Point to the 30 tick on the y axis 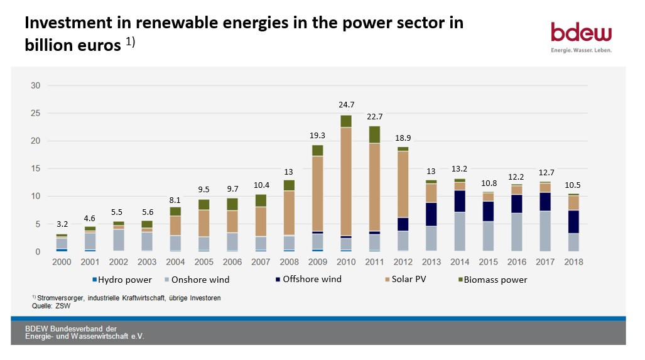[x=36, y=85]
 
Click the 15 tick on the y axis [x=36, y=168]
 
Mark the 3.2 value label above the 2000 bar [x=62, y=223]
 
